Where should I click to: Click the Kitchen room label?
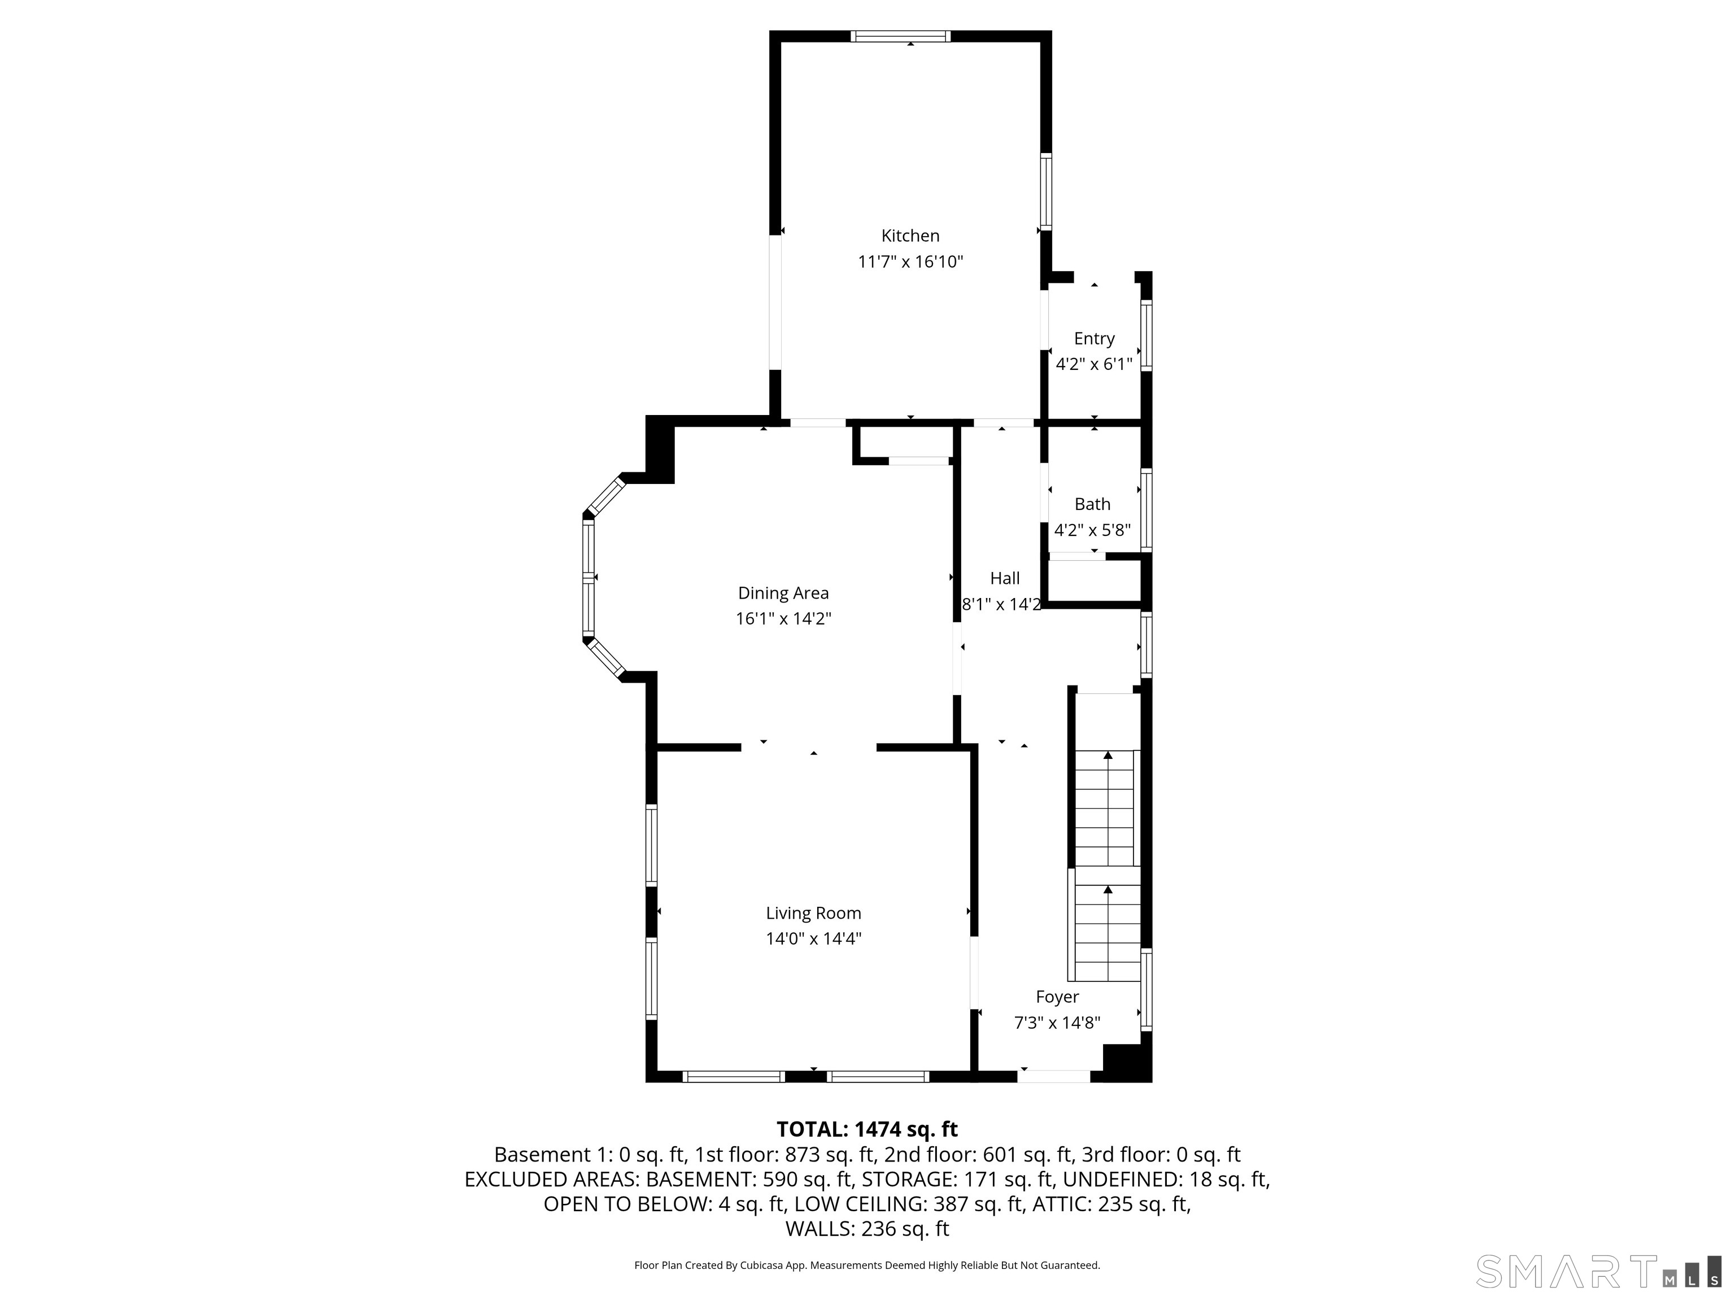[x=910, y=235]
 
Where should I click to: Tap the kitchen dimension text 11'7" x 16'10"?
[x=910, y=261]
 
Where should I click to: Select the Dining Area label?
[x=783, y=593]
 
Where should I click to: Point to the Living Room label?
[x=813, y=913]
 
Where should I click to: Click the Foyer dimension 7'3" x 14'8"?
[x=1057, y=1023]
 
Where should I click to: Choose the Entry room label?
[x=1094, y=338]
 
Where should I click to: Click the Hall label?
[x=1005, y=578]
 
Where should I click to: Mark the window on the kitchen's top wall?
[x=900, y=36]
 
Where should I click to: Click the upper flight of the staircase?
[x=1104, y=807]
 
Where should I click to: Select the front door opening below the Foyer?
[x=1054, y=1077]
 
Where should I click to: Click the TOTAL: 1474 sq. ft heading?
[x=867, y=1129]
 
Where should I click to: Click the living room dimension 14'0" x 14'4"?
[x=813, y=938]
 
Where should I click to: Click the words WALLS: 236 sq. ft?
[x=867, y=1228]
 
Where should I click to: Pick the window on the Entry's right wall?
[x=1146, y=335]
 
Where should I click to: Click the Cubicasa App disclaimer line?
[x=867, y=1265]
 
